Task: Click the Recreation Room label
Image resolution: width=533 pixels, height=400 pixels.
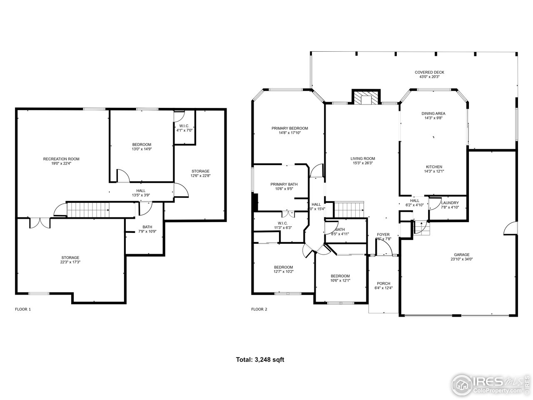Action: click(61, 159)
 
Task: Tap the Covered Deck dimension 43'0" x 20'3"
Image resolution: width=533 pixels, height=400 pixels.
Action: click(429, 77)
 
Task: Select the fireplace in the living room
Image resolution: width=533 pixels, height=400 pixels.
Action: click(366, 98)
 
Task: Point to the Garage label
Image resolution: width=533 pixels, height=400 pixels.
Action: click(461, 255)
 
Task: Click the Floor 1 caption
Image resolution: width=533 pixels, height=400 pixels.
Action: click(23, 309)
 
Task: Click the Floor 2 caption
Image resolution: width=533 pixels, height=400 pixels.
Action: click(259, 309)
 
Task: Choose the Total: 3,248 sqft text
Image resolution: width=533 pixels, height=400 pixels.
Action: click(260, 360)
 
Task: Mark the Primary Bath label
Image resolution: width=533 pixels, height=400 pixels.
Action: click(284, 184)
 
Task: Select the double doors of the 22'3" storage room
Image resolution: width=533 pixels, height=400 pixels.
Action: click(40, 222)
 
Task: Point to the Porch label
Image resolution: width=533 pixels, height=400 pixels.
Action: click(383, 283)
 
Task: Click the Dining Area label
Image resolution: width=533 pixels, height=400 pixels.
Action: click(433, 113)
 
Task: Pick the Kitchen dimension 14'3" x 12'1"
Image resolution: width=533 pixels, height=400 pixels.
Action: click(433, 171)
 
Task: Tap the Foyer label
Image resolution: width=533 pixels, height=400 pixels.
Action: click(383, 235)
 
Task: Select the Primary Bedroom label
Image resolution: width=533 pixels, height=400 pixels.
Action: click(289, 128)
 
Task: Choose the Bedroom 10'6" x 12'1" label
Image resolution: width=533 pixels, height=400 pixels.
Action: click(340, 276)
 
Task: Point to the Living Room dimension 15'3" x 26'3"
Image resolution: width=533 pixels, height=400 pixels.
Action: click(363, 163)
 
